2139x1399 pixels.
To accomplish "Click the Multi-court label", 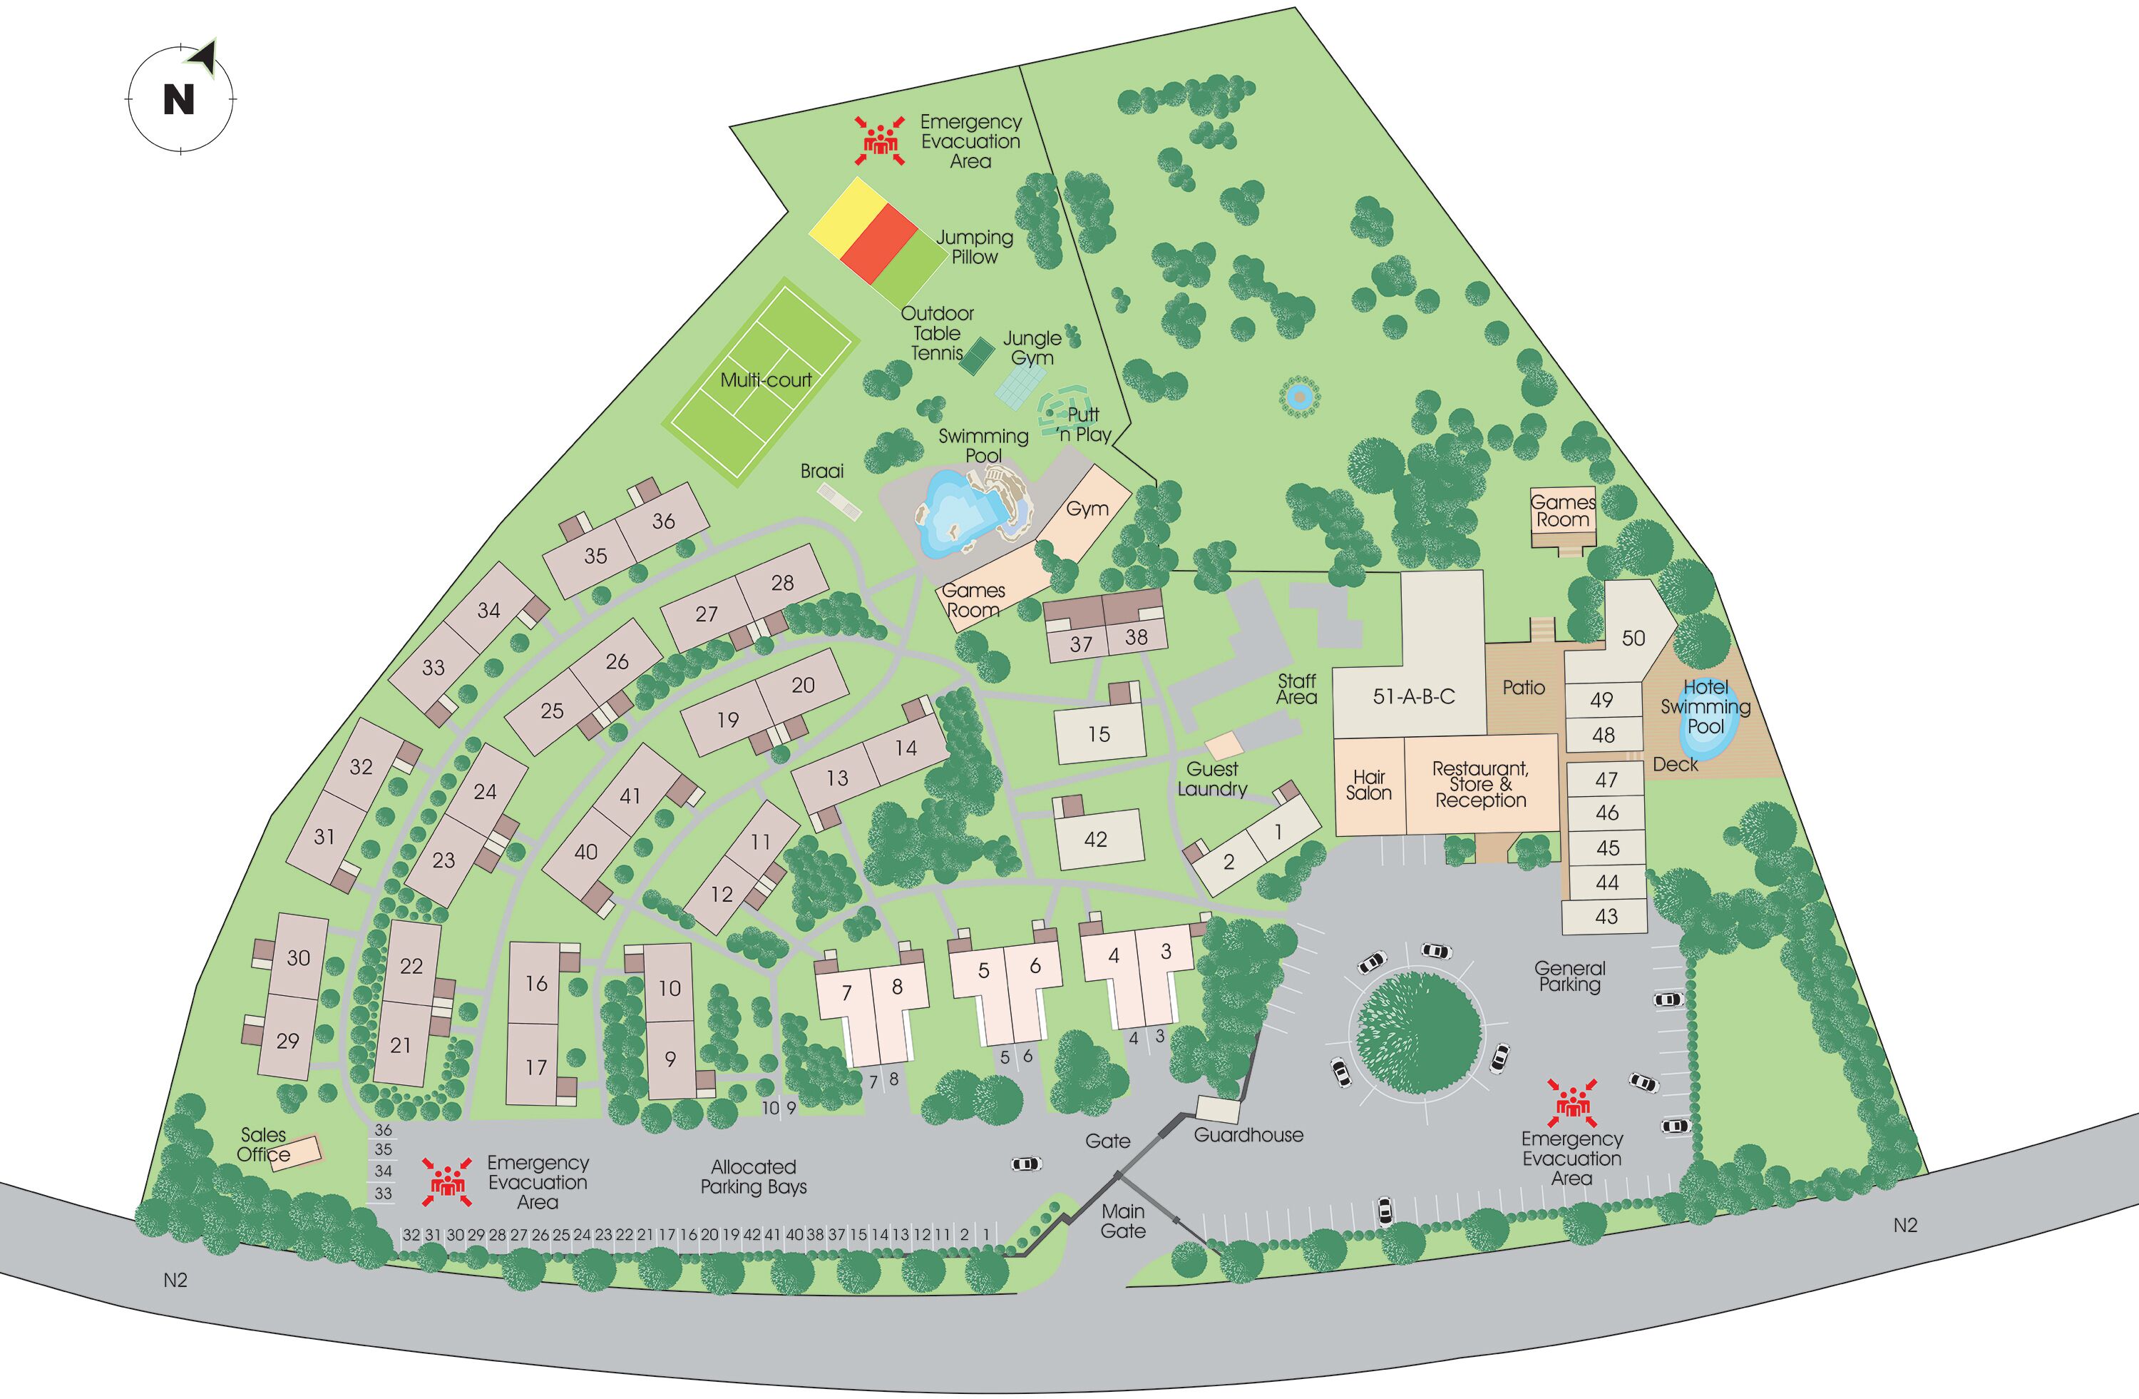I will tap(766, 380).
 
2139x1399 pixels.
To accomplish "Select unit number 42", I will tap(1096, 840).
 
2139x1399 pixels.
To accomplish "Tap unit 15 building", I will tap(1099, 735).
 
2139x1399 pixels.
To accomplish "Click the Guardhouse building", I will tap(1218, 1109).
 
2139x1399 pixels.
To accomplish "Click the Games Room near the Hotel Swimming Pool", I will tap(1562, 512).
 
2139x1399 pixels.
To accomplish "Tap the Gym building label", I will tap(1087, 509).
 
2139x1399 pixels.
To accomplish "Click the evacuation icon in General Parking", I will tap(1573, 1103).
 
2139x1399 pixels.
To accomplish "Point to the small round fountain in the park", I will tap(1298, 396).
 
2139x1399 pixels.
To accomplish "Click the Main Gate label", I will tap(1124, 1221).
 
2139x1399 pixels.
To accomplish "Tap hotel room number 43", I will tap(1606, 916).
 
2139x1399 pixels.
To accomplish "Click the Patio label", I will tap(1524, 688).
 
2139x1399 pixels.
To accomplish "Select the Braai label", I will tap(821, 471).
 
